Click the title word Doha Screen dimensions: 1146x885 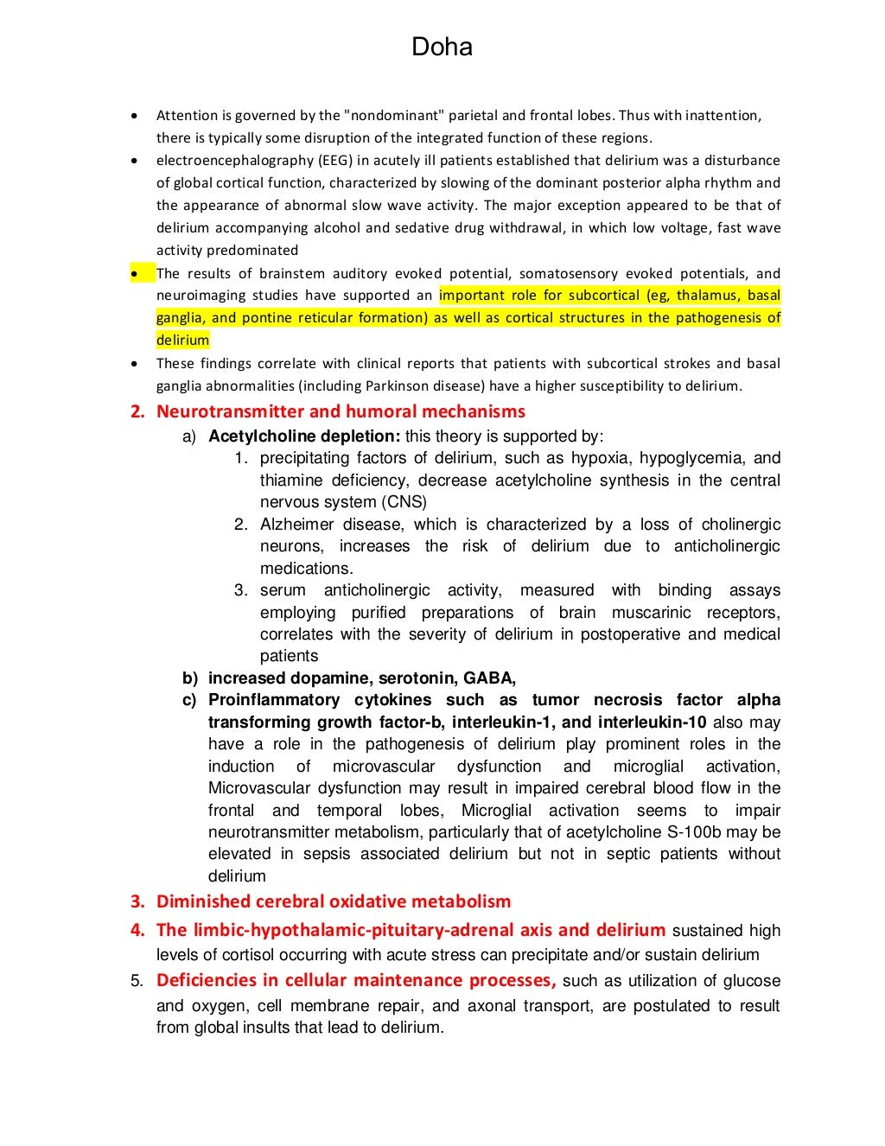[442, 47]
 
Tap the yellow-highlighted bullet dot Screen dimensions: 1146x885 [134, 274]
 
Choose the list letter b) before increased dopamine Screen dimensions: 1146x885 [189, 678]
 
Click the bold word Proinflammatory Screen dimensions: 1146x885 [274, 700]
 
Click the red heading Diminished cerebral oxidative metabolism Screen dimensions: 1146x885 [334, 901]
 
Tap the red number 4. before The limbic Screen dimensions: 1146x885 [137, 931]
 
